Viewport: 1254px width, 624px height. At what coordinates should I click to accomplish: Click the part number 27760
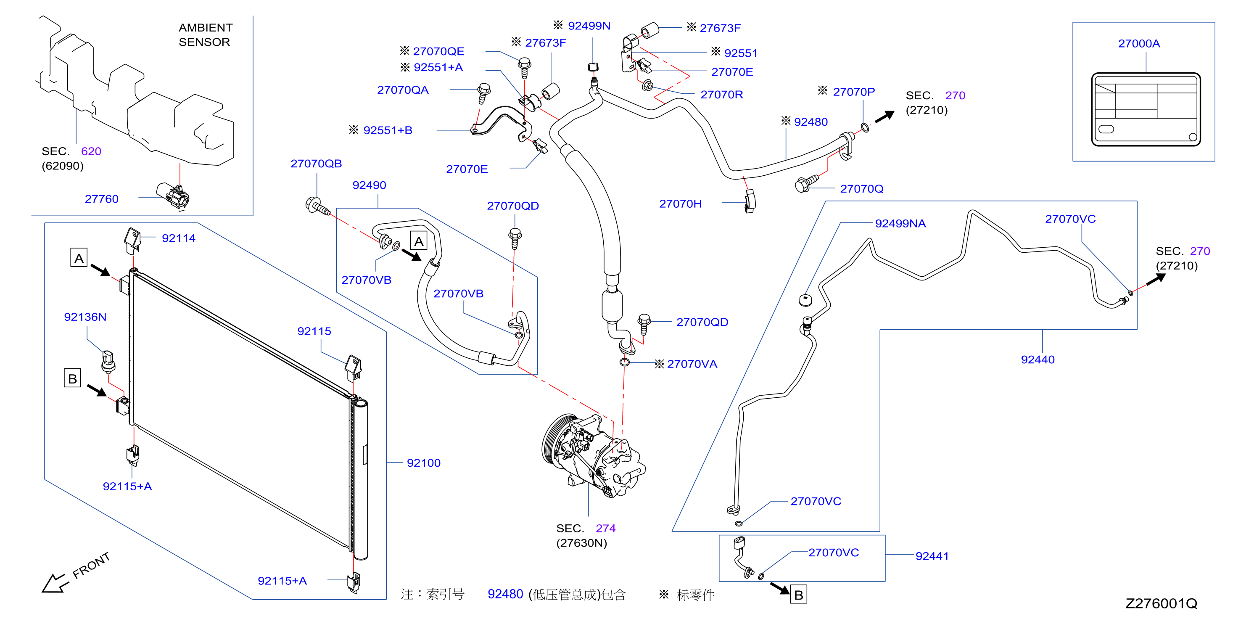coord(101,198)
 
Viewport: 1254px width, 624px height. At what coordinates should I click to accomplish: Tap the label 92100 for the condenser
coord(423,463)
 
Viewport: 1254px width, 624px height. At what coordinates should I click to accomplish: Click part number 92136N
coord(85,317)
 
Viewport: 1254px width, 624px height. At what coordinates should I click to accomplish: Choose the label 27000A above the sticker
coord(1139,43)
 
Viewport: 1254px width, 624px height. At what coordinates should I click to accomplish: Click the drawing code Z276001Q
coord(1161,603)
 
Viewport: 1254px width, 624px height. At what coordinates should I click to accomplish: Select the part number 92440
coord(1038,360)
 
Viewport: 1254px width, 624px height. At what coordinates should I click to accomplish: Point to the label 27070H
coord(680,204)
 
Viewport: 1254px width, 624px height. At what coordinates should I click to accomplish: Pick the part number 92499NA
coord(900,223)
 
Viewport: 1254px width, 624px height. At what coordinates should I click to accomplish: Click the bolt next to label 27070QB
coord(317,206)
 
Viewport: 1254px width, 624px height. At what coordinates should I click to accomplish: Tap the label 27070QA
coord(403,90)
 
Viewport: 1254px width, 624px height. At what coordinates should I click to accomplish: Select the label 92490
coord(369,185)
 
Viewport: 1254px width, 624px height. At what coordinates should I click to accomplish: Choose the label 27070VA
coord(692,364)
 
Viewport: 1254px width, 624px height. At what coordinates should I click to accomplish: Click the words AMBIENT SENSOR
coord(206,34)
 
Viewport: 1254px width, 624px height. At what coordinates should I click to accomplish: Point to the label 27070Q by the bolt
coord(862,188)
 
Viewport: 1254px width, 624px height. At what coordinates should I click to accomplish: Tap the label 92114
coord(178,238)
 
